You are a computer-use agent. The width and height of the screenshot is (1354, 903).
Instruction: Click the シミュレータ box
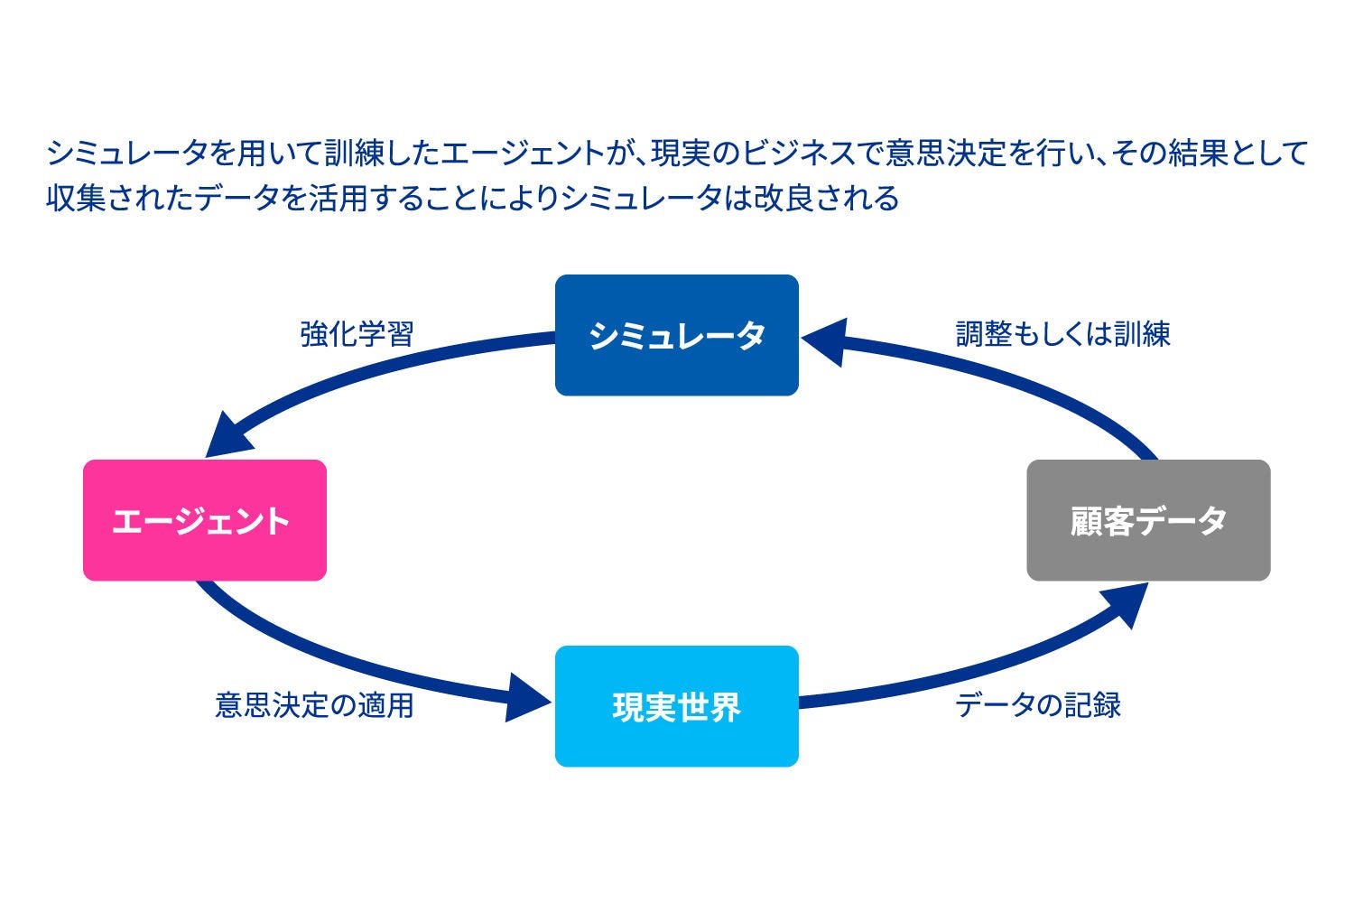click(676, 335)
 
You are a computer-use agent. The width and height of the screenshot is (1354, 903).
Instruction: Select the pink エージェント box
click(204, 520)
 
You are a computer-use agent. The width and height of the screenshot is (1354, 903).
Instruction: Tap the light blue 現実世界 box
click(676, 706)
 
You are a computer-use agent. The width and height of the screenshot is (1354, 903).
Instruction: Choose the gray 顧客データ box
click(1148, 520)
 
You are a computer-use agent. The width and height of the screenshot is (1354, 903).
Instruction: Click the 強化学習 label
click(357, 334)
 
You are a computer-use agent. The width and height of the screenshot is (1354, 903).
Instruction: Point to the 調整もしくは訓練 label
click(1063, 334)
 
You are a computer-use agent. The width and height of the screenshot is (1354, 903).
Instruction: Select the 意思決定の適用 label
click(314, 704)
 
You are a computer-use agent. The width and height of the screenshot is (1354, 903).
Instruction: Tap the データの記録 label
click(1038, 704)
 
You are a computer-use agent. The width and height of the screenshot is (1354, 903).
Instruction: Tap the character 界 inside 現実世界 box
click(725, 706)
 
